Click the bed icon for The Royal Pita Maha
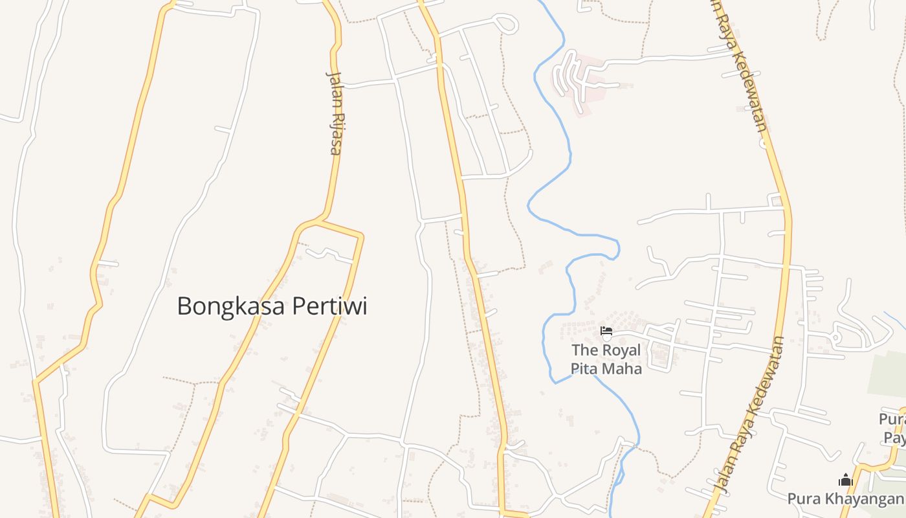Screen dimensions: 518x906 click(606, 332)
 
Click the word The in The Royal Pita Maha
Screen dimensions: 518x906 click(584, 350)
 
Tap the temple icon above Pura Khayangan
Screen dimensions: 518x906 click(845, 480)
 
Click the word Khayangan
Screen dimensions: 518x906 click(866, 499)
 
